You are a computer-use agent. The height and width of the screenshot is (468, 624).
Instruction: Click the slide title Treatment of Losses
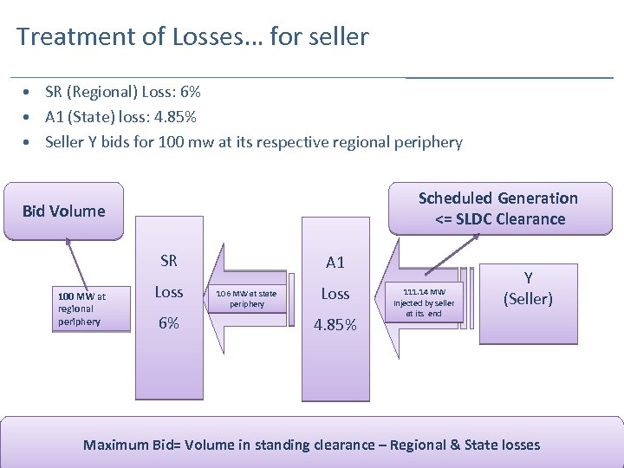(x=192, y=37)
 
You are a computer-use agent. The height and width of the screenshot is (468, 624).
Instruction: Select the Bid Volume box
(x=63, y=211)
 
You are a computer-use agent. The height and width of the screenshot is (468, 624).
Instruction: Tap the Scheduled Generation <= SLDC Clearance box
(x=498, y=209)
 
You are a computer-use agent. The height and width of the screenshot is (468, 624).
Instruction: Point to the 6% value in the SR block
(x=169, y=322)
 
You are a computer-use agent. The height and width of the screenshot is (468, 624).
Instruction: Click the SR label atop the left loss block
(x=169, y=261)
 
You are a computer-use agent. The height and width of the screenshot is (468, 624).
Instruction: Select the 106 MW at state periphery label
(x=247, y=299)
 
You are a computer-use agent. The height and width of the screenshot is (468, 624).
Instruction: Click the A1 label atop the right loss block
(x=335, y=263)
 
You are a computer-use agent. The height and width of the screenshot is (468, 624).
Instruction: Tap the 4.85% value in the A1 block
(x=335, y=326)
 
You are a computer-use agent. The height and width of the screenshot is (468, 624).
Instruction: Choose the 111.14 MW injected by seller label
(x=424, y=302)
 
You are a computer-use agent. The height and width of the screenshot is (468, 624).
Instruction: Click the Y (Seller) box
(x=528, y=289)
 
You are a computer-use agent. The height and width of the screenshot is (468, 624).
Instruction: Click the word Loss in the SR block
(x=169, y=292)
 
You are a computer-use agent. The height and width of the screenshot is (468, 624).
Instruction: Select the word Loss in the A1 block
(x=335, y=294)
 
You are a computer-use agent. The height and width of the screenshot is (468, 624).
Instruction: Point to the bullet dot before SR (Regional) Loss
(x=29, y=92)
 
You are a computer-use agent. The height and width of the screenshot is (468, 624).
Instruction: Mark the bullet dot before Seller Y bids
(x=29, y=142)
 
